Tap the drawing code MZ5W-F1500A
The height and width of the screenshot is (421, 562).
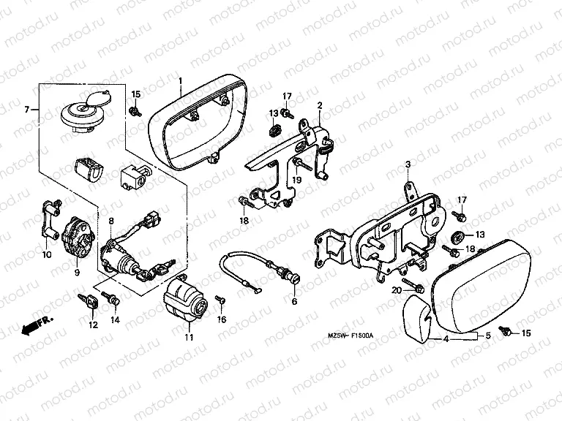(x=351, y=335)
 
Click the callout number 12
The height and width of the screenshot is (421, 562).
(x=92, y=325)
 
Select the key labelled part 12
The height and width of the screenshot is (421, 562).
(x=89, y=300)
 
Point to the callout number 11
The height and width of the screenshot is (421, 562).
(x=189, y=337)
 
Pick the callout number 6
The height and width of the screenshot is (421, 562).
(x=294, y=301)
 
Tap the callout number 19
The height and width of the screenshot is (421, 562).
(x=297, y=180)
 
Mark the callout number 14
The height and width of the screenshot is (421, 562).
(x=115, y=319)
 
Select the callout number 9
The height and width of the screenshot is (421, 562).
(x=76, y=273)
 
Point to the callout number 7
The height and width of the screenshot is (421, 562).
(x=27, y=110)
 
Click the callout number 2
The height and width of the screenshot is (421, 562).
(x=319, y=106)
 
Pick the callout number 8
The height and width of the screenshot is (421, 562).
(x=111, y=220)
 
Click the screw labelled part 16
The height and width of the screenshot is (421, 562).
(x=220, y=300)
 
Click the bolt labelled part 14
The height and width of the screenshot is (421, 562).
(x=112, y=298)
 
